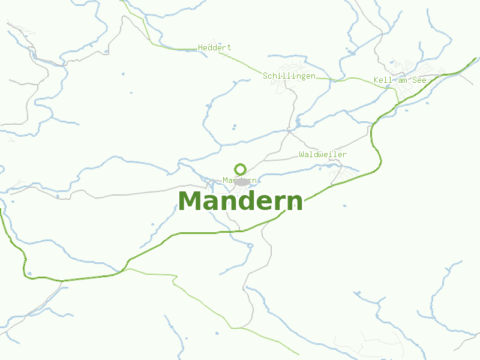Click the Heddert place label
[214, 47]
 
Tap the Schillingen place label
[289, 76]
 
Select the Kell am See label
[400, 80]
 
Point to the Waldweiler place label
[323, 154]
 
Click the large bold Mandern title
[240, 201]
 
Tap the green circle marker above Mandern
[241, 169]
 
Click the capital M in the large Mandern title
[190, 201]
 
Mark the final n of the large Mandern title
[295, 202]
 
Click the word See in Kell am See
[419, 80]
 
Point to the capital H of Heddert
[200, 47]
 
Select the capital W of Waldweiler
[301, 154]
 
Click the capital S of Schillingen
[265, 76]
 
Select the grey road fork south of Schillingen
[289, 132]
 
